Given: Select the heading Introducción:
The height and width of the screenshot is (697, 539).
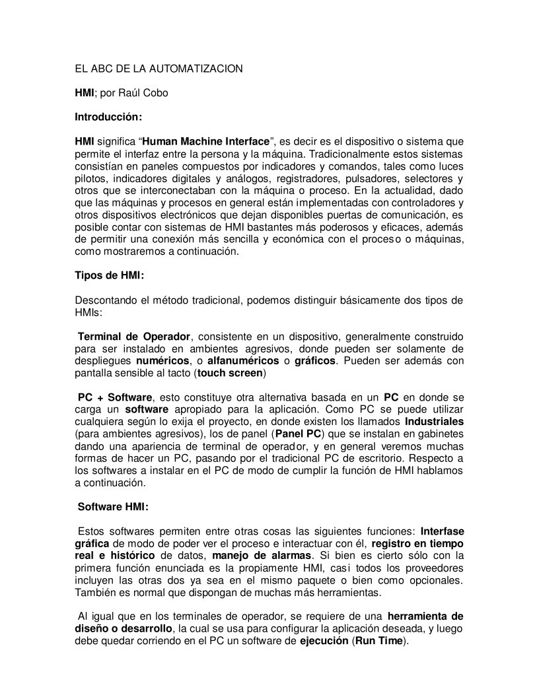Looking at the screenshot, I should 108,117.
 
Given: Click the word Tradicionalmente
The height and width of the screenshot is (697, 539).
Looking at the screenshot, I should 358,153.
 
